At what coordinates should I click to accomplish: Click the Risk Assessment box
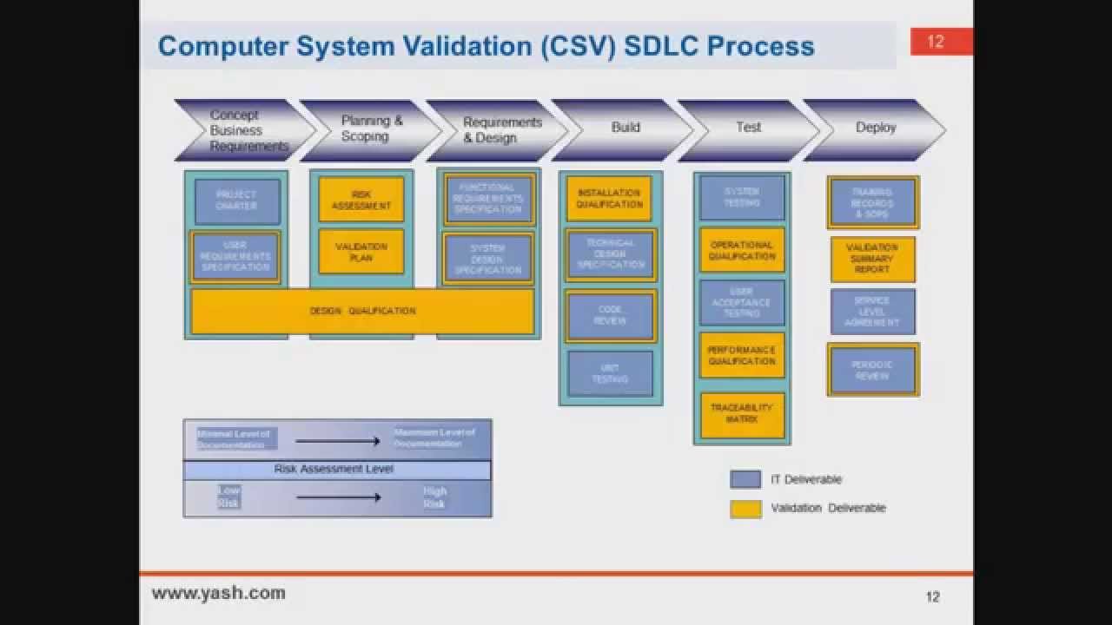point(361,201)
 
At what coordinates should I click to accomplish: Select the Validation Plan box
point(361,252)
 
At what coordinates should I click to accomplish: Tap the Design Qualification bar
point(362,311)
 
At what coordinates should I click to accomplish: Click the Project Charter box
point(237,201)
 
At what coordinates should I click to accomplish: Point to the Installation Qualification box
point(609,199)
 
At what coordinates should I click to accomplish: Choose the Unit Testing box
point(610,373)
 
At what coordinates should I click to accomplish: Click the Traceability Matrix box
point(742,414)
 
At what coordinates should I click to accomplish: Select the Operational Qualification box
point(742,251)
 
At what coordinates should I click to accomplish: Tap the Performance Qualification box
point(742,355)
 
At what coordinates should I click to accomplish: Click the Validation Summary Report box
point(872,259)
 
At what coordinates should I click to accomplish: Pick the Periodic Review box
point(872,371)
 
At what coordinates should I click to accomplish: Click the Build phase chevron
point(624,128)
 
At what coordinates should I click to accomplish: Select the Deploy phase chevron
point(875,128)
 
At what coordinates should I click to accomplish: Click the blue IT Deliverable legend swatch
point(745,479)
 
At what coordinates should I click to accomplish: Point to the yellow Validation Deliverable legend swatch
point(745,509)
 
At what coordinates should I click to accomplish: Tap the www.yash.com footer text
point(218,594)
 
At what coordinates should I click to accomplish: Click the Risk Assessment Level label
point(334,470)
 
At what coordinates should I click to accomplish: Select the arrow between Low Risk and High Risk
point(338,497)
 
